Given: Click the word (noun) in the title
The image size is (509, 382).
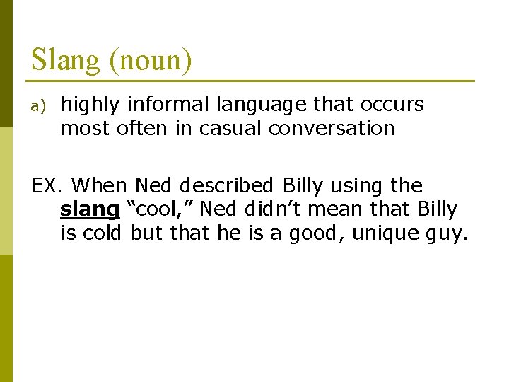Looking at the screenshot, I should [151, 60].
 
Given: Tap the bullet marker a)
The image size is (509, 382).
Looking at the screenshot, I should [38, 106].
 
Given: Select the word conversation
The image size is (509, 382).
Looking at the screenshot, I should [332, 129].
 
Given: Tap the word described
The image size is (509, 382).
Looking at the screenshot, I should [226, 185].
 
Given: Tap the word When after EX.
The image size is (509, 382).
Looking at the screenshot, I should [100, 185].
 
